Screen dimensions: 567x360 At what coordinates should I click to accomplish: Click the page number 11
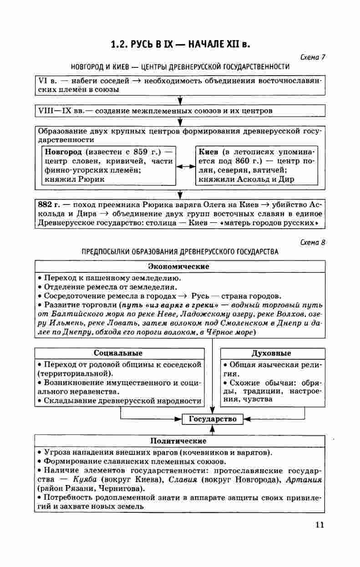click(x=319, y=525)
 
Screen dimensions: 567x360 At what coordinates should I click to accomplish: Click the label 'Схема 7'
click(x=313, y=57)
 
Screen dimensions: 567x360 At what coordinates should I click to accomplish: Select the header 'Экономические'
click(x=179, y=266)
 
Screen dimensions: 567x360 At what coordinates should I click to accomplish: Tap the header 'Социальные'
click(x=118, y=353)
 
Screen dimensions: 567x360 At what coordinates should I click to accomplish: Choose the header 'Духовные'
click(x=271, y=353)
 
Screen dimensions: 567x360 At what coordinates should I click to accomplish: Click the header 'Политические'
click(x=178, y=441)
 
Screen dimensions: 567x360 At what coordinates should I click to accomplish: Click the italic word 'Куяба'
click(x=85, y=480)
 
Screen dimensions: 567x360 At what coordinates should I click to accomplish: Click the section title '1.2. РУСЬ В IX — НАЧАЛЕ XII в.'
click(x=181, y=45)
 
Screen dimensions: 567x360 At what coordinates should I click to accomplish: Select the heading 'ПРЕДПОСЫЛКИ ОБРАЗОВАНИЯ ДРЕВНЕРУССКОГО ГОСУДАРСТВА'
click(x=180, y=251)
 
